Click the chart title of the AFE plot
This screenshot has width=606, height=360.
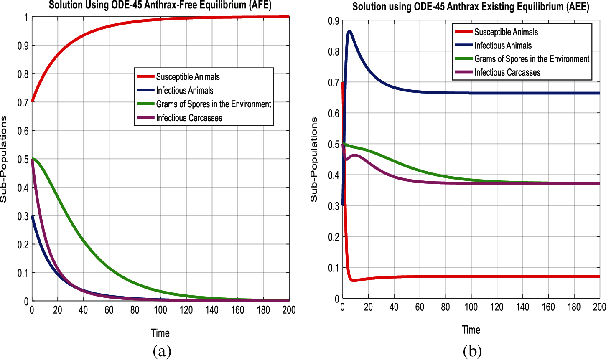point(160,5)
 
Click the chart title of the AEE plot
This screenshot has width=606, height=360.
point(471,7)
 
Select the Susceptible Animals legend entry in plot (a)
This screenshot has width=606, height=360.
point(188,77)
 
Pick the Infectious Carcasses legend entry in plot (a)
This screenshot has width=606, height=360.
point(189,118)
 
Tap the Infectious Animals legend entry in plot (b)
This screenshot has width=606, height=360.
point(503,46)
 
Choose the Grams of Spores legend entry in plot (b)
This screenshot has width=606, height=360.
point(532,59)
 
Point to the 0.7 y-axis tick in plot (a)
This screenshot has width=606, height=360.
point(23,102)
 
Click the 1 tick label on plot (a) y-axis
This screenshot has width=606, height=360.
point(26,17)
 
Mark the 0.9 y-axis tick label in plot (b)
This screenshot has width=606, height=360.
point(334,21)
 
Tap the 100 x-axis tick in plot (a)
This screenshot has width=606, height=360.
point(160,310)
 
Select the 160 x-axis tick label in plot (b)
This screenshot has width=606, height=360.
point(548,307)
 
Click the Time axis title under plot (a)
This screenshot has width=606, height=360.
point(160,333)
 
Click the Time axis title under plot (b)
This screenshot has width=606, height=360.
point(471,330)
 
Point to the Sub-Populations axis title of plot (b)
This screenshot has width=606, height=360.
point(314,160)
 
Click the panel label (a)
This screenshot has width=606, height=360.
point(162,351)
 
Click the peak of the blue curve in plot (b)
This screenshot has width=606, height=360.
point(349,31)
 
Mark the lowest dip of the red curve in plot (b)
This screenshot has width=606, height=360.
point(354,280)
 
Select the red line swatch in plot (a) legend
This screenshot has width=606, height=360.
point(145,77)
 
